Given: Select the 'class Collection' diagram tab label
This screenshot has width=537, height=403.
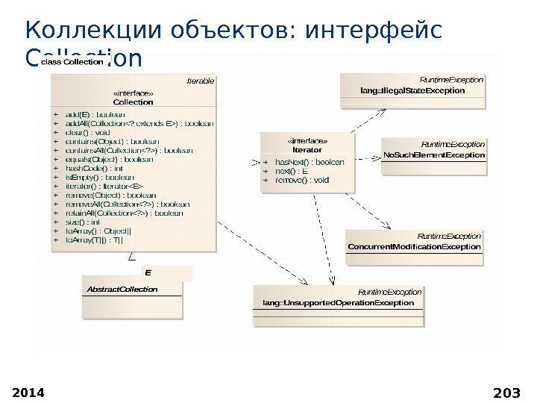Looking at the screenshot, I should (x=72, y=63).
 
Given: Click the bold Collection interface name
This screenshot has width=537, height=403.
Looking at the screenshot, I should (x=134, y=101).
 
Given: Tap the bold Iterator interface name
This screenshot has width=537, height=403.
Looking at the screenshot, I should (x=307, y=149).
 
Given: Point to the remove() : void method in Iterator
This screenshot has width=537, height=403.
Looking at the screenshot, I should (x=302, y=180).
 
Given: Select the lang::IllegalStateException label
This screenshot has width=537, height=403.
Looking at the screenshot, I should (x=412, y=90).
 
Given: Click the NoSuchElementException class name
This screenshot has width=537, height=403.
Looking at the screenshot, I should (x=433, y=155).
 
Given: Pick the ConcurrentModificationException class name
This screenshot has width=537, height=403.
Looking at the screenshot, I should (x=414, y=246).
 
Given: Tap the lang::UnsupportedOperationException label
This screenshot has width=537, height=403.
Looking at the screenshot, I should (x=338, y=304).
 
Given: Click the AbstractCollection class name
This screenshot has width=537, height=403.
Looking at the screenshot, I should (x=122, y=289).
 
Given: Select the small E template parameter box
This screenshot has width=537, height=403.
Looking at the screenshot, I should (x=148, y=273).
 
